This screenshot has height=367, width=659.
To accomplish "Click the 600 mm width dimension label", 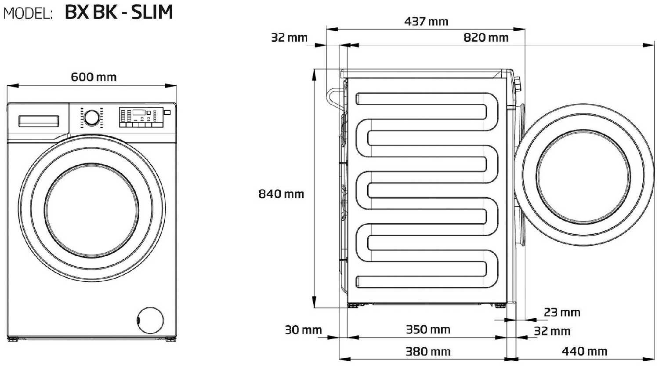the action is (94, 77).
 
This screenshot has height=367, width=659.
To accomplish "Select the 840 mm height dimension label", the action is (281, 194).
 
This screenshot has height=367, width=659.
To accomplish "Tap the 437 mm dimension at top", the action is (426, 22).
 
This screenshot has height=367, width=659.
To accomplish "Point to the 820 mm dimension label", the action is (486, 38).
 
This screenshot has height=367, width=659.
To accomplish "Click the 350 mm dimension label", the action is (428, 330).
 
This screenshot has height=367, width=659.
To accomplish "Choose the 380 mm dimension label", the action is (428, 352).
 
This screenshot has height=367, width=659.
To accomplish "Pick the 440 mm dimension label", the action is (584, 352).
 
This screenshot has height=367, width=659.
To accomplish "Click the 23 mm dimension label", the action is (561, 312).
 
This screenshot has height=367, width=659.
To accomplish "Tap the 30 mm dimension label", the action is (303, 330).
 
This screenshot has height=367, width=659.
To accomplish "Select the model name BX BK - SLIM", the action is (119, 12).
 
